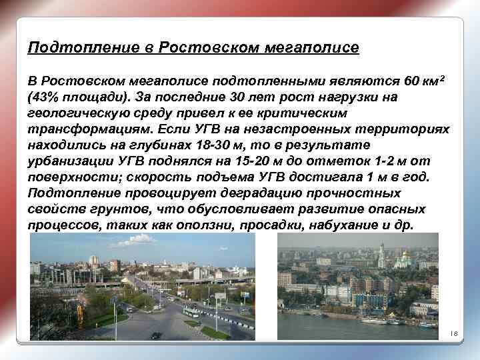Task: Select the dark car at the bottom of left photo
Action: [156, 335]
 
